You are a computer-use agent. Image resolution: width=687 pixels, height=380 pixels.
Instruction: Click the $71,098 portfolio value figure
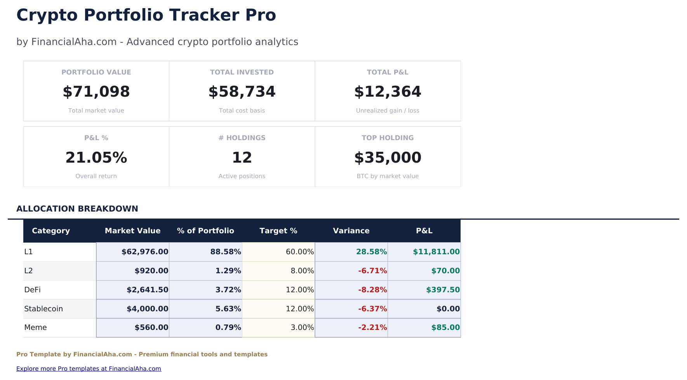point(96,92)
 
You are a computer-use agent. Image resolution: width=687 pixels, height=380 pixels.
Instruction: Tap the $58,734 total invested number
point(242,92)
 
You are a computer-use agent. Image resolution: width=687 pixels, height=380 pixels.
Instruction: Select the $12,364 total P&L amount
point(387,92)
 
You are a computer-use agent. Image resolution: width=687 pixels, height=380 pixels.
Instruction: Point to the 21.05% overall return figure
point(96,158)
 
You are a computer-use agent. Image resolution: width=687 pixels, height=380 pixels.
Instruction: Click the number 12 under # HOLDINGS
point(242,158)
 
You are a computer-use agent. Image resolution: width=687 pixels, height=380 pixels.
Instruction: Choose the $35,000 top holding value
point(387,158)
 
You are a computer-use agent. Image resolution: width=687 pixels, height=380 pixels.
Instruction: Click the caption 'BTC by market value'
point(387,176)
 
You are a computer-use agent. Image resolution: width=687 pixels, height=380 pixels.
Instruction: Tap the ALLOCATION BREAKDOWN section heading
point(77,209)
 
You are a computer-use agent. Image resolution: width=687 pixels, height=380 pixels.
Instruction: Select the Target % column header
point(278,231)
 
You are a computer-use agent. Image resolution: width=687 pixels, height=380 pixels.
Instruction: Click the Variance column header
point(351,231)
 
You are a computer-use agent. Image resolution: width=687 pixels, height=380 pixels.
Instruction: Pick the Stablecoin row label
point(43,309)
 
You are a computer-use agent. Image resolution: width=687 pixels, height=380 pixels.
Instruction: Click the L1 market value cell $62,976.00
point(144,252)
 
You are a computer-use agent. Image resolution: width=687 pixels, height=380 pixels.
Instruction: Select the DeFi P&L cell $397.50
point(442,290)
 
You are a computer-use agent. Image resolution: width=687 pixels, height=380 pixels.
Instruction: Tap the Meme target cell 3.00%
point(302,328)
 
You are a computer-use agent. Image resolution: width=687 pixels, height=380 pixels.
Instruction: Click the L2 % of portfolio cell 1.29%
point(228,271)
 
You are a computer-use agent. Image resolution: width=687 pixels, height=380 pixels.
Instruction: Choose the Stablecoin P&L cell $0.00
point(448,309)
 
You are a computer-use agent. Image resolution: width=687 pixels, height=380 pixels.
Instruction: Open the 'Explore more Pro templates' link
point(89,369)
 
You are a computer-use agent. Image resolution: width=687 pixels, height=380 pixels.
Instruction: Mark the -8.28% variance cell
point(372,290)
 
